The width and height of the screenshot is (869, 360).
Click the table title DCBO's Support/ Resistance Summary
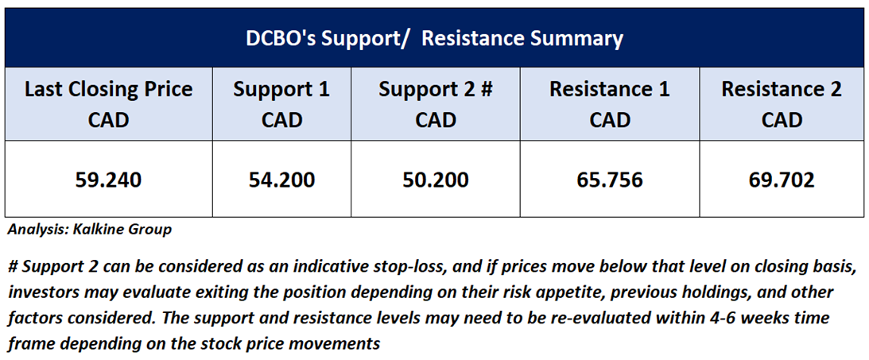(434, 39)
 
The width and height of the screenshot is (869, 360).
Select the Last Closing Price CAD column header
(109, 104)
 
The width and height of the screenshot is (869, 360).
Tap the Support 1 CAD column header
(281, 104)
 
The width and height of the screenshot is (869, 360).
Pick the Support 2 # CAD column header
(436, 104)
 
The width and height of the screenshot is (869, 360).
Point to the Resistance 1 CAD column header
(609, 104)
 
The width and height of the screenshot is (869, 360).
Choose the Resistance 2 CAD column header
(782, 104)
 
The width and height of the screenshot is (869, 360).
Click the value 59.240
(109, 180)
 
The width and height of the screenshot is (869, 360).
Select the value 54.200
(281, 180)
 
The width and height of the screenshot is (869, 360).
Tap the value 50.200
(436, 180)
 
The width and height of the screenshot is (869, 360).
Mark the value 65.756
(609, 180)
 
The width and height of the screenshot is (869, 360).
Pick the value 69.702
(782, 180)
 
